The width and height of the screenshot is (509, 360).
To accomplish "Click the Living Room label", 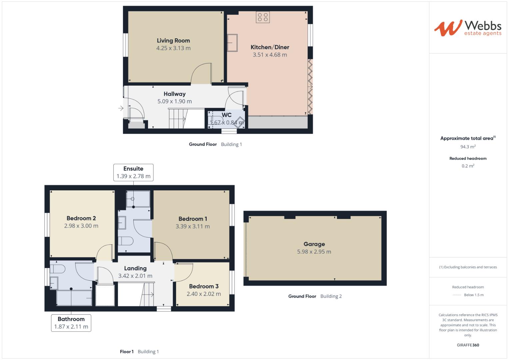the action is (x=173, y=40).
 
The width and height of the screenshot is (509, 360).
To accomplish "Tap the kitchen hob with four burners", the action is (x=263, y=17).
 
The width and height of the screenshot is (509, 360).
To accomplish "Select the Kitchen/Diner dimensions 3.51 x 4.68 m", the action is (x=270, y=55).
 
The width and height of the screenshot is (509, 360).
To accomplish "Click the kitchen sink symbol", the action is (x=232, y=43).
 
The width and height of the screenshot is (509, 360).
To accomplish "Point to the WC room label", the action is (x=227, y=115).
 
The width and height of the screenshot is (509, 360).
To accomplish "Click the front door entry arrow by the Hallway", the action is (x=121, y=108).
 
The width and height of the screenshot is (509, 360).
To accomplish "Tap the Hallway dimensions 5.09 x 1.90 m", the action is (x=175, y=101).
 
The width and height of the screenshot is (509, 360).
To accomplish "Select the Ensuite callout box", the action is (x=133, y=173).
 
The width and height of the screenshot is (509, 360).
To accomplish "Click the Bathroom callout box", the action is (x=71, y=323).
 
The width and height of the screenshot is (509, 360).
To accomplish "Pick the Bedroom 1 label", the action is (x=193, y=219).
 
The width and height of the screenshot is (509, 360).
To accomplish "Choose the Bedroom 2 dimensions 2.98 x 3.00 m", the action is (x=81, y=226).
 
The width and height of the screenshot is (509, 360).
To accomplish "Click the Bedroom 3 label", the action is (x=204, y=286).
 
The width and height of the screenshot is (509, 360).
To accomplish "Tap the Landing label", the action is (x=135, y=268).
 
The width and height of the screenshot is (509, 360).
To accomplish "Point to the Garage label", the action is (x=314, y=244).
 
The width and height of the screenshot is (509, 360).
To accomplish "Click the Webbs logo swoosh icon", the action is (x=448, y=28).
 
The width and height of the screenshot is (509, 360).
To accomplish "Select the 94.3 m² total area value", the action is (x=468, y=147).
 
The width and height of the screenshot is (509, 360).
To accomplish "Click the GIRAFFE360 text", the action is (x=468, y=345).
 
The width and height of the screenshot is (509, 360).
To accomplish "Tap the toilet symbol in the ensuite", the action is (x=126, y=241).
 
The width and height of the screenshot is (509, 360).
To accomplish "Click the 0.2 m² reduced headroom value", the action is (x=468, y=166).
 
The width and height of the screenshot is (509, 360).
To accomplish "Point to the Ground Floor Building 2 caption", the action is (x=315, y=296).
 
